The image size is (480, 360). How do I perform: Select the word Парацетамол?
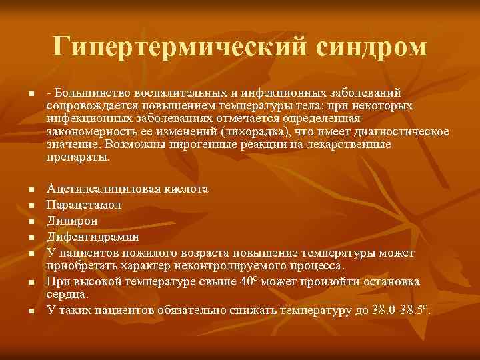click(84, 205)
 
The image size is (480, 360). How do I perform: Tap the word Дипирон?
click(72, 220)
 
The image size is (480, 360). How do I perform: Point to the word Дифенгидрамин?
click(92, 236)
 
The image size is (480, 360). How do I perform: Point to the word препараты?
click(77, 157)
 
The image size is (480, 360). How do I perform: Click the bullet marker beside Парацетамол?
click(31, 205)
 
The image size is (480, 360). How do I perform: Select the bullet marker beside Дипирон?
click(31, 221)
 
